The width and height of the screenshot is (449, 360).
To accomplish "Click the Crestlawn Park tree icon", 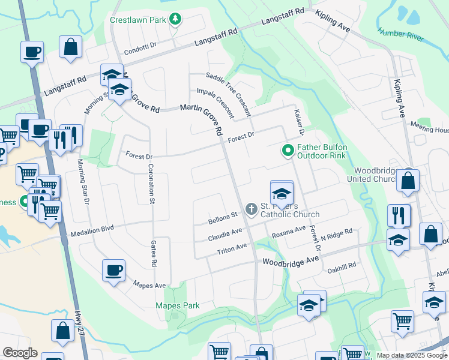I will pyautogui.click(x=175, y=20).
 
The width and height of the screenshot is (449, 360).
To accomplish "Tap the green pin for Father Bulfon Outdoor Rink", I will pyautogui.click(x=288, y=150).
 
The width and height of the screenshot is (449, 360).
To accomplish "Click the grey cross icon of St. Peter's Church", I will pyautogui.click(x=250, y=208).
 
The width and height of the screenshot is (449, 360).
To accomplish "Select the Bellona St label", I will pyautogui.click(x=223, y=217).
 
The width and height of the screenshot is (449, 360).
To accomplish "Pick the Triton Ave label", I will pyautogui.click(x=232, y=248).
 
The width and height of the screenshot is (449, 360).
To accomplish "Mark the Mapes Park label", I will pyautogui.click(x=178, y=305).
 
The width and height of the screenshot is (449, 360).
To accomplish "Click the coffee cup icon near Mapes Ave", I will pyautogui.click(x=113, y=271).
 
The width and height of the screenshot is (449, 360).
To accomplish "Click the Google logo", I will pyautogui.click(x=20, y=353).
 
